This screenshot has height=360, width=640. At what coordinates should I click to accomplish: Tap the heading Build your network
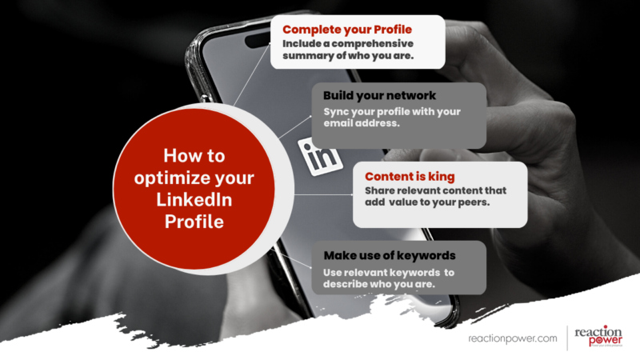point(368,95)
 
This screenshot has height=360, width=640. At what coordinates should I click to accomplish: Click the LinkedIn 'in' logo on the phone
point(319,152)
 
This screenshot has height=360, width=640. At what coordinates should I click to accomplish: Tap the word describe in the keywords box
point(346,286)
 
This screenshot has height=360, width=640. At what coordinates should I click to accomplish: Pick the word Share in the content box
point(380,191)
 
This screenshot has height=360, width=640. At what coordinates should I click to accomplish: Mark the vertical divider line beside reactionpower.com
point(567,338)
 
